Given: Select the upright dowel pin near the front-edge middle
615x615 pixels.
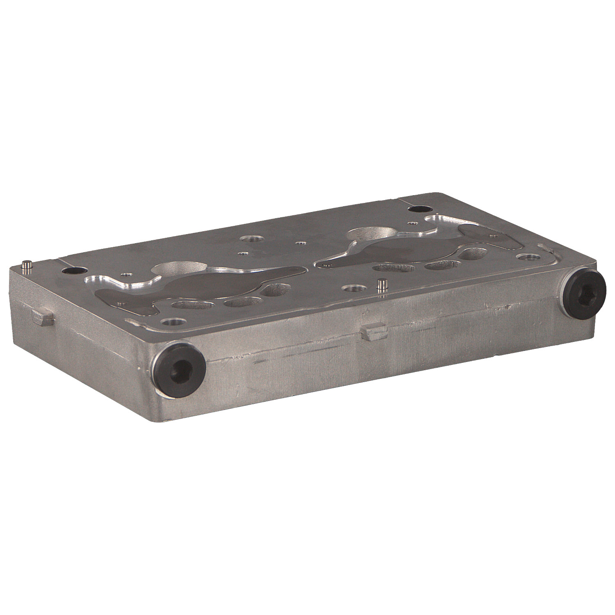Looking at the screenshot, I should (383, 284).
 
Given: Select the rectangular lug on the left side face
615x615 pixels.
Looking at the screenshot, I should (42, 318).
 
